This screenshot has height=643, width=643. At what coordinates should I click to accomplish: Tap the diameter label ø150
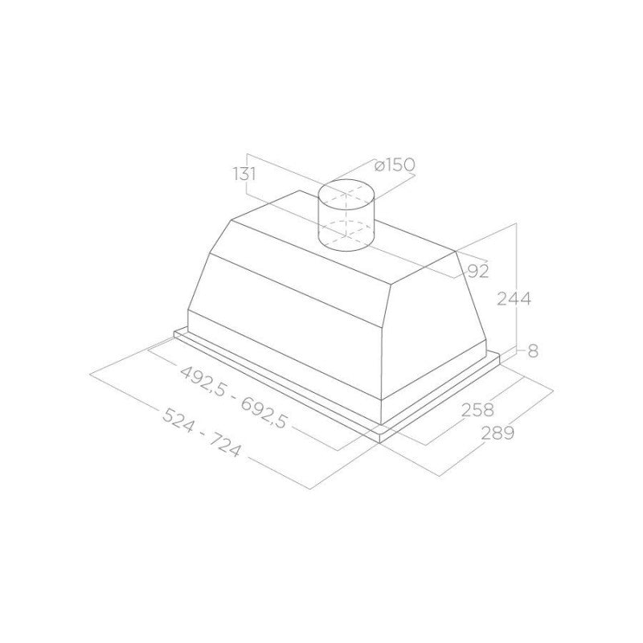tap(394, 166)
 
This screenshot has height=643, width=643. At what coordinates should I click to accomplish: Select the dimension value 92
tap(477, 271)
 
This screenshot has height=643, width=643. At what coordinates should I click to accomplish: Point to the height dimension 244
tap(514, 299)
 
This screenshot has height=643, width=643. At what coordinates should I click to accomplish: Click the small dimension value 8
tap(533, 350)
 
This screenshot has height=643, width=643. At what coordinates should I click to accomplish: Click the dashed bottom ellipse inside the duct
tap(348, 227)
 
